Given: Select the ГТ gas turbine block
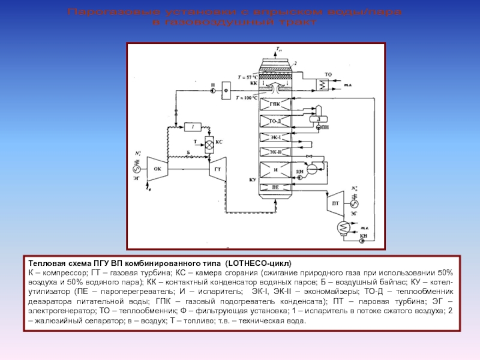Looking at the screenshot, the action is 217,169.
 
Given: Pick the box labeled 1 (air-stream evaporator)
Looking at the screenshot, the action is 193,127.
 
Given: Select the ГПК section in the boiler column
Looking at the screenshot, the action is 275,104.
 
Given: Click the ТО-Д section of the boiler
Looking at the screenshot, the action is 275,122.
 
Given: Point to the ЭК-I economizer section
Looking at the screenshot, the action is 275,137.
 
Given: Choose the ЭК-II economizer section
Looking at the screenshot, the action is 275,151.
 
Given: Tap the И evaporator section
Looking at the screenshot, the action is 275,170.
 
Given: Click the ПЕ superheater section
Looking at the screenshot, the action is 275,187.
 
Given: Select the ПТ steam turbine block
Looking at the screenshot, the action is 335,203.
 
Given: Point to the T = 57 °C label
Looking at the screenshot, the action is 247,77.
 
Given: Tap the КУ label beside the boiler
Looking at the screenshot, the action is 252,179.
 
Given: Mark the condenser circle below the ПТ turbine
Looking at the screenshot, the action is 345,228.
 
